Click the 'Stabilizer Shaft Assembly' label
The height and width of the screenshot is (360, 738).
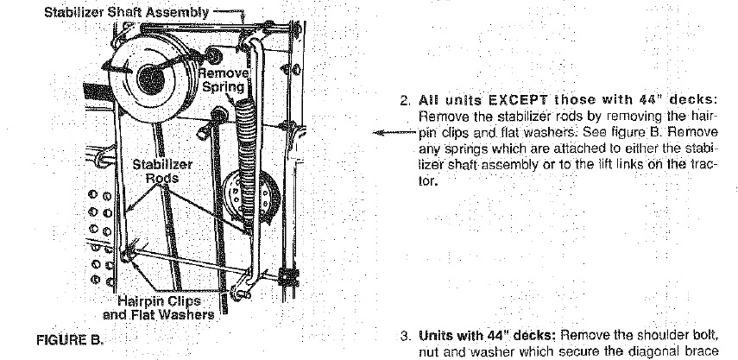click(126, 13)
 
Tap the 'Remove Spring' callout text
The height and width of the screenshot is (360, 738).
click(224, 80)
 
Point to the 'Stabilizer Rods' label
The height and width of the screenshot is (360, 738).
click(162, 171)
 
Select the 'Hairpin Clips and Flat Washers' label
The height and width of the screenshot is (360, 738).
click(159, 307)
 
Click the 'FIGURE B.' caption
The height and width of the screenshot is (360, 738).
click(70, 340)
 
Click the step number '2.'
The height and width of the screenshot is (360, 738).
click(406, 100)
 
